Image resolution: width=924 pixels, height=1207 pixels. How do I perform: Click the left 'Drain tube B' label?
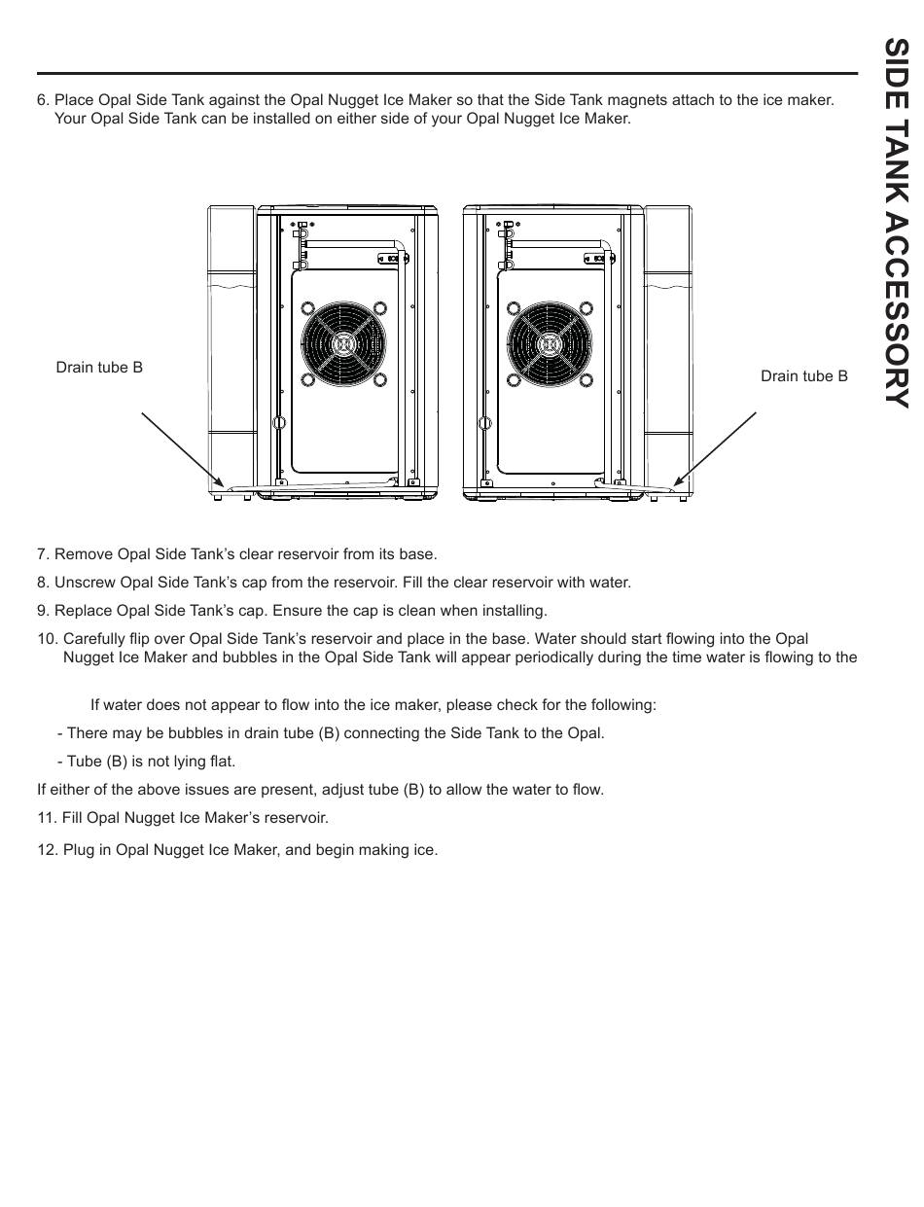(99, 368)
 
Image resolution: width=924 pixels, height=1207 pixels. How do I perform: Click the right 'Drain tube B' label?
(803, 376)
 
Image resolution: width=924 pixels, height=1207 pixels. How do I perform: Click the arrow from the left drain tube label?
(183, 448)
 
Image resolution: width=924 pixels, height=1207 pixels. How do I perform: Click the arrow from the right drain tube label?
(715, 448)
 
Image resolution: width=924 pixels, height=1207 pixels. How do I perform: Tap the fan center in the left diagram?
(343, 344)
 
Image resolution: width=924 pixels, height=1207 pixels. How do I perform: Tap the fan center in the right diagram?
(548, 344)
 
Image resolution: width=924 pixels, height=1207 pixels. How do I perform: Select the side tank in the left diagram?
(231, 350)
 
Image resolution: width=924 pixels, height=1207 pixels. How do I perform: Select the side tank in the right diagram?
(668, 350)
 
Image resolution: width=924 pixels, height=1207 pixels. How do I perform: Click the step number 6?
(43, 100)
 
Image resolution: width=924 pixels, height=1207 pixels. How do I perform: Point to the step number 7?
(43, 554)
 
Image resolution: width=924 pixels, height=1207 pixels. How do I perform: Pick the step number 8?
(43, 583)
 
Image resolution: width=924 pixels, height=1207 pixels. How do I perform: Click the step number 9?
(43, 611)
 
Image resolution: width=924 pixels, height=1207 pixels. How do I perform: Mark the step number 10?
(47, 639)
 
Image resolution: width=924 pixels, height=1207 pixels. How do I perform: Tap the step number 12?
(47, 850)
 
